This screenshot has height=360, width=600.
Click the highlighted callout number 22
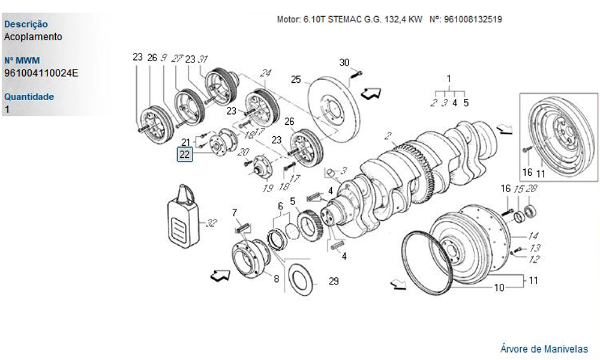184,154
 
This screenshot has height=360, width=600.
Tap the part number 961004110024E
41,73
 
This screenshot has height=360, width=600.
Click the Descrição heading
26,25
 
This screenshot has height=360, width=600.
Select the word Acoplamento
33,37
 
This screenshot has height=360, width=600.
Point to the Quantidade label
29,97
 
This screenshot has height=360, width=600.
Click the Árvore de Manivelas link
544,348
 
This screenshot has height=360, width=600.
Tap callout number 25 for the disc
296,79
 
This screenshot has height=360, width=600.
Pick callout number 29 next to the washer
334,281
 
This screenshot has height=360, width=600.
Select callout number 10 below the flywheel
498,288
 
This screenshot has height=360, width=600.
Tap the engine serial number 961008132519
473,19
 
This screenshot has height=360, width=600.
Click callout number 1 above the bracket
448,79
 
